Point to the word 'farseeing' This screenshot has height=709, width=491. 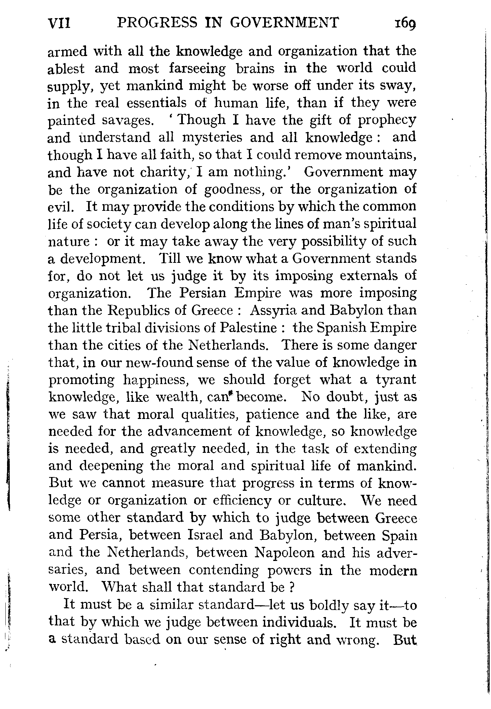click(x=197, y=69)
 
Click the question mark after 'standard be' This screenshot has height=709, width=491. click(x=292, y=587)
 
